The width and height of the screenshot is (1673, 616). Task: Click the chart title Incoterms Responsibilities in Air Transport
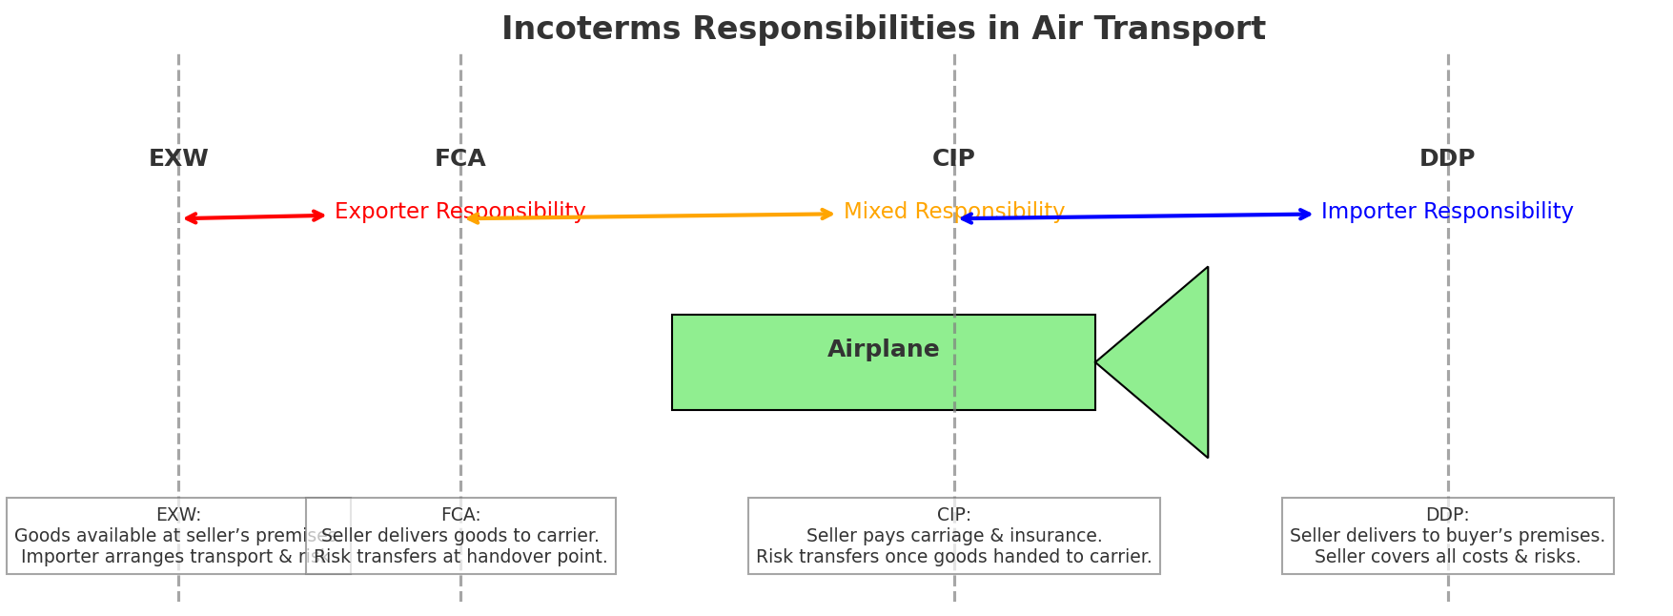pos(883,30)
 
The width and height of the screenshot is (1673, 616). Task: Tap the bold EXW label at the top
pos(178,159)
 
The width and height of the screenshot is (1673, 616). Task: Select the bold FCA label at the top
pos(459,159)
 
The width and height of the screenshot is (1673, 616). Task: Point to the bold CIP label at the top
pos(953,159)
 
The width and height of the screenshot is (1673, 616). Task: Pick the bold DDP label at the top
pos(1446,159)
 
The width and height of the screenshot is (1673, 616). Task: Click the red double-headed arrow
pos(255,217)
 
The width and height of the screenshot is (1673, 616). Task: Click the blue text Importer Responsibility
pos(1446,212)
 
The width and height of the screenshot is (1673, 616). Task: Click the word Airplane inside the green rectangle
pos(883,350)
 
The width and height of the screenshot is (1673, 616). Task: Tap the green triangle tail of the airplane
pos(1168,362)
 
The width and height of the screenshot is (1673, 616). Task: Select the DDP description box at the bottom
pos(1447,536)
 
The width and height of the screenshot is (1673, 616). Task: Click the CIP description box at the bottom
pos(953,536)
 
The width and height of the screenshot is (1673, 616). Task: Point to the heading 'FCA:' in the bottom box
pos(460,515)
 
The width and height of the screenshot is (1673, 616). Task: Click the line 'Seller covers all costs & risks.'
pos(1447,557)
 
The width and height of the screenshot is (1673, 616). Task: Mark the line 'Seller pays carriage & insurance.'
pos(953,536)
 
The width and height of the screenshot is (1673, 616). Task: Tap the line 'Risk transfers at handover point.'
pos(460,557)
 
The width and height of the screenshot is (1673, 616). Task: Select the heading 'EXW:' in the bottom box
pos(178,515)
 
